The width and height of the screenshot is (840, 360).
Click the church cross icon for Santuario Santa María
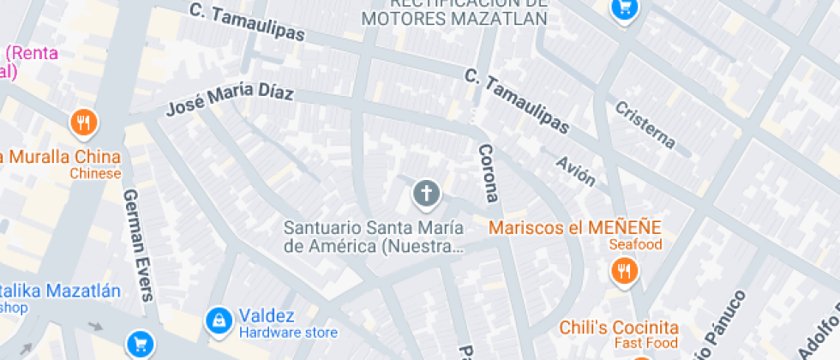pyautogui.click(x=426, y=194)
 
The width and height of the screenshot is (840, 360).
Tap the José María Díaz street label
pyautogui.click(x=229, y=99)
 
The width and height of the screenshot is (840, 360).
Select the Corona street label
pyautogui.click(x=486, y=171)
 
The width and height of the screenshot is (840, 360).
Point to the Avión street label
pyautogui.click(x=575, y=171)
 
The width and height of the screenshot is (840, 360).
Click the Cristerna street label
pyautogui.click(x=645, y=124)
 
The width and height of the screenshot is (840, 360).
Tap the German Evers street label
pyautogui.click(x=138, y=244)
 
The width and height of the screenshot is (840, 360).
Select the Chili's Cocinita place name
pyautogui.click(x=619, y=327)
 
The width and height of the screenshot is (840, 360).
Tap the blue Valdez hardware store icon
pyautogui.click(x=219, y=321)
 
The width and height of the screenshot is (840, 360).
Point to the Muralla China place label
pyautogui.click(x=60, y=157)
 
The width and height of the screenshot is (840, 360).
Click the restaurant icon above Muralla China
pyautogui.click(x=83, y=123)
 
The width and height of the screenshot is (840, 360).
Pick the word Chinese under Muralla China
pyautogui.click(x=95, y=174)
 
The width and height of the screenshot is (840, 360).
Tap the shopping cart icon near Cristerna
pyautogui.click(x=624, y=9)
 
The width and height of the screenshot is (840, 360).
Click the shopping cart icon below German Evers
pyautogui.click(x=139, y=345)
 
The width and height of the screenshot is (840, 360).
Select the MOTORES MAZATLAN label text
pyautogui.click(x=454, y=19)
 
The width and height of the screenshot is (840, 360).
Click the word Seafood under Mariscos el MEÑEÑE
pyautogui.click(x=636, y=245)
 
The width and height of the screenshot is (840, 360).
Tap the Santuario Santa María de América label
pyautogui.click(x=374, y=237)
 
